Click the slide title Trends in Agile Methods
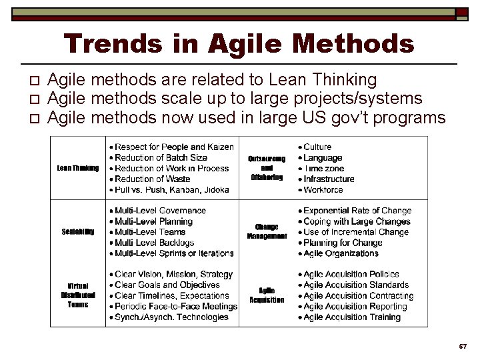(x=239, y=44)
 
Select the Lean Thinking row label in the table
(x=78, y=168)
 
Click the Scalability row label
(x=78, y=231)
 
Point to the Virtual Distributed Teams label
(x=78, y=295)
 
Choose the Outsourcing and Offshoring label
(x=267, y=168)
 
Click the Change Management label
(x=267, y=231)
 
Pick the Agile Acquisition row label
(x=267, y=295)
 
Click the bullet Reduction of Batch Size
(x=161, y=157)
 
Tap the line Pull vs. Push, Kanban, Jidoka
(x=171, y=189)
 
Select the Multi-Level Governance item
(x=160, y=211)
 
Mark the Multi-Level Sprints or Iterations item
(x=174, y=253)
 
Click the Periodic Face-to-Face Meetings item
(x=175, y=306)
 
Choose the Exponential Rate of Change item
(x=357, y=211)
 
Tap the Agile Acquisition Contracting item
(x=358, y=295)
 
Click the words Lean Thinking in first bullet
(x=323, y=80)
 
